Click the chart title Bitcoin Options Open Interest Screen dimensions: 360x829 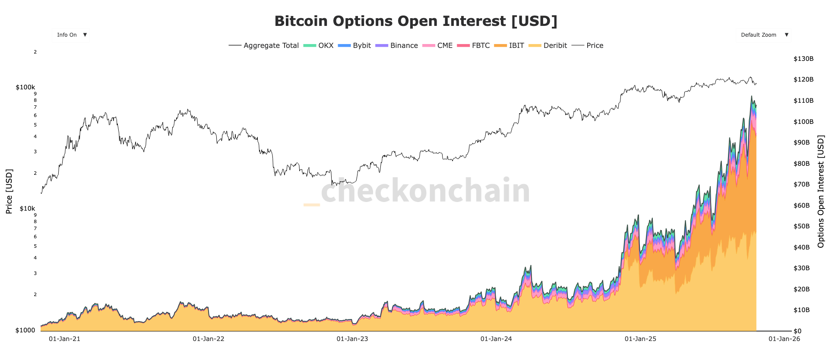[x=415, y=21]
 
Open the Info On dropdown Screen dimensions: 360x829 [x=71, y=35]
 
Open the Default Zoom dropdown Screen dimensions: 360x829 [x=763, y=35]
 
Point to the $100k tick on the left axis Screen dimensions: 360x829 [x=25, y=87]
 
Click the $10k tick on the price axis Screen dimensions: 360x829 [x=27, y=208]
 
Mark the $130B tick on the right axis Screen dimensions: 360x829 [x=803, y=59]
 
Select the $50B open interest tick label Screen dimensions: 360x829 [x=801, y=226]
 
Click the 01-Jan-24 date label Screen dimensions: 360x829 [x=496, y=339]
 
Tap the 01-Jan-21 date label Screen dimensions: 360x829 [x=64, y=339]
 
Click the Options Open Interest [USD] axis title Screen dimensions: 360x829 [x=820, y=192]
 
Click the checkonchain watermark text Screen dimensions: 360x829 [x=425, y=190]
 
